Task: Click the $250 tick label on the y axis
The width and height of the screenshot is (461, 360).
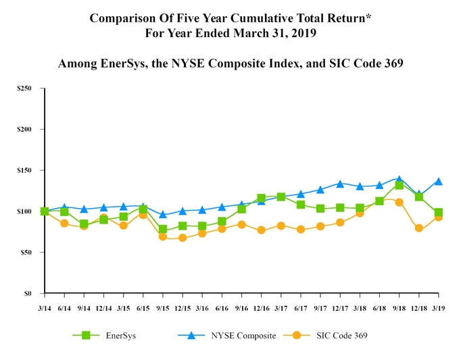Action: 24,88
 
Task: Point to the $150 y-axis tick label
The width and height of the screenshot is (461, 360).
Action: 24,170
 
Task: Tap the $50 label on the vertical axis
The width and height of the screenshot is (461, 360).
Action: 26,253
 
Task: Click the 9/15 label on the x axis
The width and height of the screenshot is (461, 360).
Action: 162,308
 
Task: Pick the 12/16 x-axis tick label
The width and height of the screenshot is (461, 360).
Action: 261,308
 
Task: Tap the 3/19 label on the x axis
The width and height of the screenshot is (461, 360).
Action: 439,308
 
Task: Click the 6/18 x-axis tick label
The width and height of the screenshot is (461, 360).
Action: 379,308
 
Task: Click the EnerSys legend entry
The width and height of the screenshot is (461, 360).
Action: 120,336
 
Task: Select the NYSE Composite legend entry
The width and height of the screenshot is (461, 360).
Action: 243,336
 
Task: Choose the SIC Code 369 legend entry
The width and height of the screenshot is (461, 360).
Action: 341,336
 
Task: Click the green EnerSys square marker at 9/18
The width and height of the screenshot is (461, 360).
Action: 399,185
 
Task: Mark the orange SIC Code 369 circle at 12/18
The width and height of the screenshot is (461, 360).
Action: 419,228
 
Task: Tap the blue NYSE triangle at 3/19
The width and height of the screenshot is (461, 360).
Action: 439,181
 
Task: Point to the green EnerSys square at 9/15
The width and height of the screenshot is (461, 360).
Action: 163,230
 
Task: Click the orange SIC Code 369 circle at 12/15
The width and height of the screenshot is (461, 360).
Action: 183,238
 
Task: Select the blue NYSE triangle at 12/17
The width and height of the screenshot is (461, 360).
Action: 340,184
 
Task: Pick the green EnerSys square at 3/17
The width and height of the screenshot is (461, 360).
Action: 281,197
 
